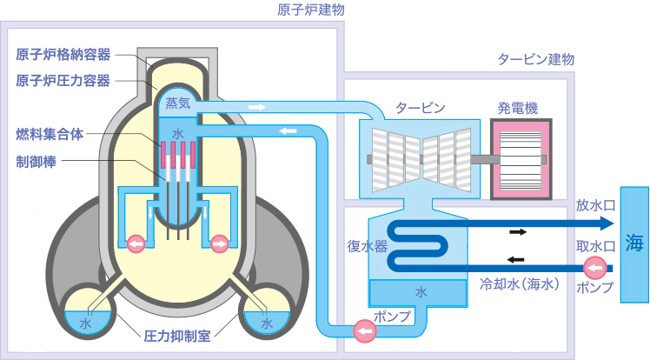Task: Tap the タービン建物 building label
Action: (x=535, y=60)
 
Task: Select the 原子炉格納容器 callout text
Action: (x=63, y=55)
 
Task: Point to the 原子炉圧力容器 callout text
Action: (x=63, y=80)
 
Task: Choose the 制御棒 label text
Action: (x=36, y=162)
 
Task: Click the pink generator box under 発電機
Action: (x=519, y=157)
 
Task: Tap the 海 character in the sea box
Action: (x=633, y=243)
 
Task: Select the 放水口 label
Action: (x=594, y=207)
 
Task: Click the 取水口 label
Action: (x=594, y=246)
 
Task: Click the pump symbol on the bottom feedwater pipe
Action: (x=363, y=330)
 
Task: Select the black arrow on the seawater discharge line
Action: (x=518, y=231)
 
